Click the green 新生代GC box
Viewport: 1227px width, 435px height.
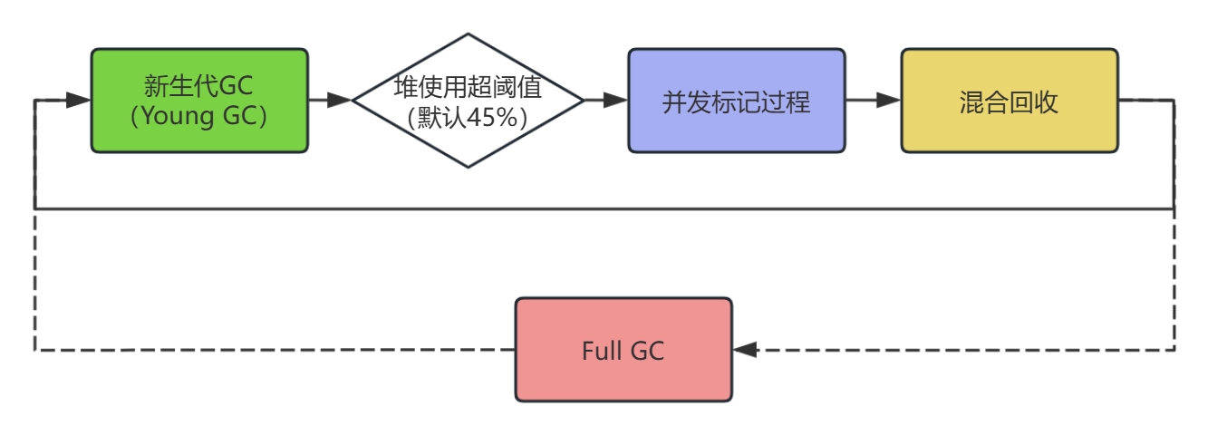pos(199,100)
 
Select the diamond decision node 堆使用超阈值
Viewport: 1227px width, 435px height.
pos(468,101)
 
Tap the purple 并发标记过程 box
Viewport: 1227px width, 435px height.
pos(736,101)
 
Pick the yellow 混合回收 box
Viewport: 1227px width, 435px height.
pos(1009,101)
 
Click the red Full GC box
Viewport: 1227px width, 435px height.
pos(623,350)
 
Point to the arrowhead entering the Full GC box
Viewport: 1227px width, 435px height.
pos(745,350)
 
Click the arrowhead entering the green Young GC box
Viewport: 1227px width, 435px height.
pos(79,101)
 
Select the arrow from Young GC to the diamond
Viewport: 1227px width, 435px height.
pos(329,101)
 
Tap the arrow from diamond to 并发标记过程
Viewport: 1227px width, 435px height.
pos(606,101)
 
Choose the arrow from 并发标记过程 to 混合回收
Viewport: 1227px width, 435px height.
pos(873,101)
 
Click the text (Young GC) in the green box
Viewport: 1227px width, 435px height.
pos(199,117)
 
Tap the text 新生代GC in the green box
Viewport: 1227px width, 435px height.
pos(199,86)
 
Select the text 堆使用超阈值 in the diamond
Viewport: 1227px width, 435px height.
pos(468,88)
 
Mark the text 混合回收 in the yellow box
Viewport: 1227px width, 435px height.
pos(1009,101)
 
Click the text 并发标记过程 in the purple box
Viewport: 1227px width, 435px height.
pos(736,101)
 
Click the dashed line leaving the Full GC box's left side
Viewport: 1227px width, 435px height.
pos(272,350)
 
